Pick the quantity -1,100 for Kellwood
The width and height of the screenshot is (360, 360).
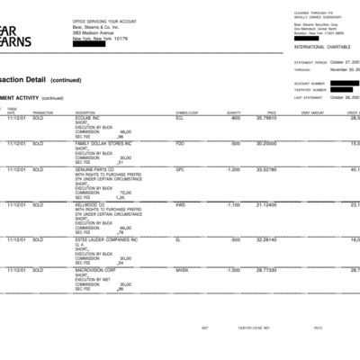[231, 204]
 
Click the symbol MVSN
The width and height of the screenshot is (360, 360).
[182, 270]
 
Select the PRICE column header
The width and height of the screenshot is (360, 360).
[271, 112]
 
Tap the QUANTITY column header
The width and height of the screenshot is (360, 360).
[234, 112]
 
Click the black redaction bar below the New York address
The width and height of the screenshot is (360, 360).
[94, 46]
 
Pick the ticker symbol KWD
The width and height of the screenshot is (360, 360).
[181, 204]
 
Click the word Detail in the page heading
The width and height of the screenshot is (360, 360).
[33, 79]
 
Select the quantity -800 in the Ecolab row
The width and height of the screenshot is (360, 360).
[235, 118]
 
